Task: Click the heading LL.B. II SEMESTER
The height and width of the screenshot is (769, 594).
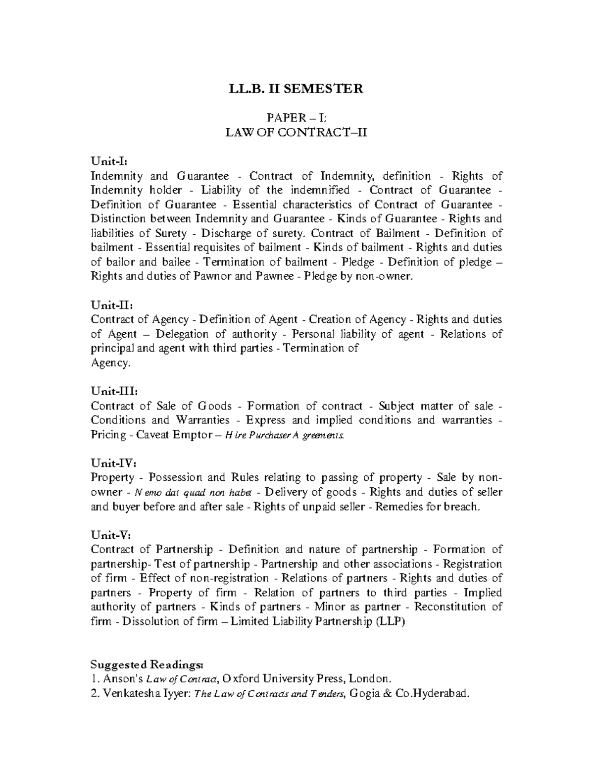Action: click(x=296, y=89)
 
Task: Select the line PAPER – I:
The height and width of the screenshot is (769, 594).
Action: click(x=296, y=118)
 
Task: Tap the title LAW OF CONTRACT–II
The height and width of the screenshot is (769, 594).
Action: click(x=296, y=132)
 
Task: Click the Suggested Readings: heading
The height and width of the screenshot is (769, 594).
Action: click(x=147, y=664)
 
